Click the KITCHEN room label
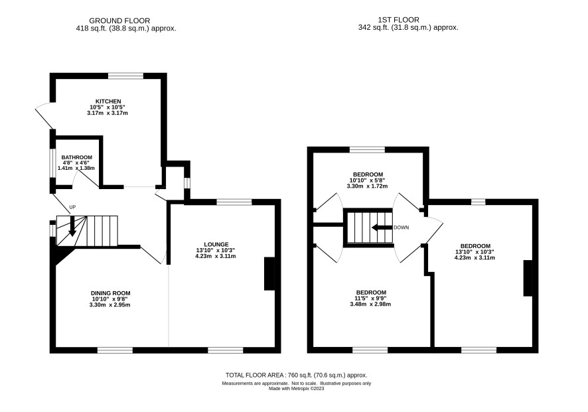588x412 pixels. pos(108,102)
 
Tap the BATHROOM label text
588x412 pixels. pos(76,157)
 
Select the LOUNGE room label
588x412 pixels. pos(216,244)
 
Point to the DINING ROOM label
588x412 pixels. pos(111,293)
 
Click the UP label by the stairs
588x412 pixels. pos(72,207)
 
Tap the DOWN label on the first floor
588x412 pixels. pos(402,228)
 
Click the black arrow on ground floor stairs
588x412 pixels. pos(72,226)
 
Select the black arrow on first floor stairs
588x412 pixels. pos(382,228)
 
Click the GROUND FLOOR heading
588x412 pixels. pos(119,21)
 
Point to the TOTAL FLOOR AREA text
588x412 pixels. pos(296,375)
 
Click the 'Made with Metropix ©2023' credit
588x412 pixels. pos(296,388)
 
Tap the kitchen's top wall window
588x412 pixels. pos(126,76)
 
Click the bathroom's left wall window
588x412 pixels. pos(53,163)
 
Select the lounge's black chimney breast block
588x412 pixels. pos(269,273)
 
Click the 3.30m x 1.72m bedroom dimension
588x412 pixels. pos(367,186)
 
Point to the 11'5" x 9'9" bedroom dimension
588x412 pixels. pos(371,299)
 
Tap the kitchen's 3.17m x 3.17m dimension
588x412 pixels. pos(108,113)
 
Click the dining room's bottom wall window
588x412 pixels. pos(115,350)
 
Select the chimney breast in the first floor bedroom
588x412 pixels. pos(528,278)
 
